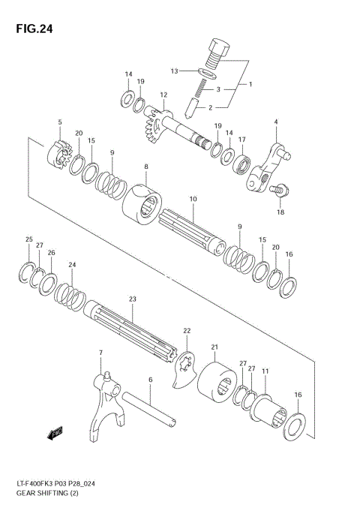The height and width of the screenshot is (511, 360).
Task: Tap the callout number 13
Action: (174, 71)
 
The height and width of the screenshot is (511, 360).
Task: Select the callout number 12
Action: (163, 95)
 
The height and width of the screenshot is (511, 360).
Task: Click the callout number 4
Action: (276, 122)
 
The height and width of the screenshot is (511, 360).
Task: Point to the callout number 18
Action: (280, 212)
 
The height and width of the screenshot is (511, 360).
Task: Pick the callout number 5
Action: (60, 122)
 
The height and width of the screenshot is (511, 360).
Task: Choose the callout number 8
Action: (146, 167)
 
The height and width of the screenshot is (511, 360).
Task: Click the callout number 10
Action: (193, 199)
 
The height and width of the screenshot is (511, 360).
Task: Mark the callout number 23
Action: (132, 299)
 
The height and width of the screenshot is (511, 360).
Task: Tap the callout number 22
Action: (187, 330)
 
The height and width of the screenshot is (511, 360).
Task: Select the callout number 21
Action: (214, 347)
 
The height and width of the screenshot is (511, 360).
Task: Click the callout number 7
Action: (100, 352)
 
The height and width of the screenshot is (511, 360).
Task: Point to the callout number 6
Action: (150, 380)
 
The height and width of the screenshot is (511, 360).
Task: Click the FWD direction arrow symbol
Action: (55, 433)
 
